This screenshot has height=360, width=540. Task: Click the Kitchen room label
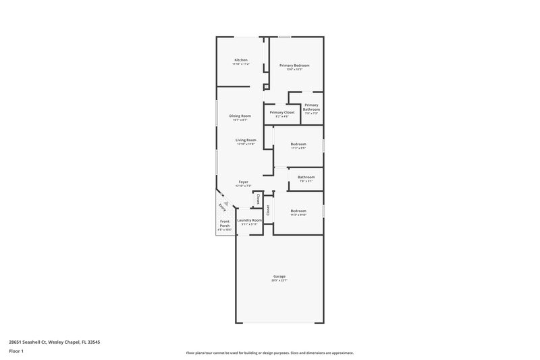coord(241,60)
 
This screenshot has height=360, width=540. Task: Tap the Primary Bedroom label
coord(294,65)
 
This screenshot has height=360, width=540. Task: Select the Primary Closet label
coord(281,112)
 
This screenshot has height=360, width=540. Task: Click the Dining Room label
coord(240,116)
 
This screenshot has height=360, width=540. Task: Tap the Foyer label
coord(244,182)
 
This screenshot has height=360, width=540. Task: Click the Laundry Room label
coord(249,220)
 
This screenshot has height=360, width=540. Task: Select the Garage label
coord(279,276)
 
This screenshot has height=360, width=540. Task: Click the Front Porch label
coord(225,224)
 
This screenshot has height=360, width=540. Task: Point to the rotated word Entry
coord(221,207)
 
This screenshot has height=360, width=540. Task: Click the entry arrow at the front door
coord(229,202)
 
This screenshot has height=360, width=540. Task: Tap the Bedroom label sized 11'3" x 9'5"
coord(298,144)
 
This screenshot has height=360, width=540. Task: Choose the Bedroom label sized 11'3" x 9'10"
coord(298,211)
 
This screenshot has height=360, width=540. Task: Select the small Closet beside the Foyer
coord(258,199)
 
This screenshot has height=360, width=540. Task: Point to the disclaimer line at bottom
coord(269,353)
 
